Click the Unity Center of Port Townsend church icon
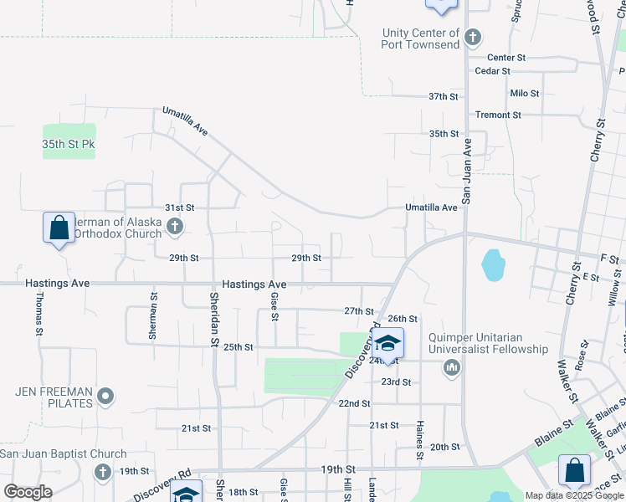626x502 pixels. coord(473,38)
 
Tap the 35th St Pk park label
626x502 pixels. coord(69,144)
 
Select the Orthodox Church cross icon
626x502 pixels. coord(174,226)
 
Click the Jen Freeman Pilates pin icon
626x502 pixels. coord(105,396)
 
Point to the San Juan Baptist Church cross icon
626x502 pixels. coord(102,472)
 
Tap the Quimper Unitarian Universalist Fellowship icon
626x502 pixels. coord(452,366)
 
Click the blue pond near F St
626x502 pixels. coord(493,265)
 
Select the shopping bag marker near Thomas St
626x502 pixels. coord(59,228)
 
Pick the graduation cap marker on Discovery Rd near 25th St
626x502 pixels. coord(387,344)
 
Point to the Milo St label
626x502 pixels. coord(524,94)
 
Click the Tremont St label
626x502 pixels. coord(498,115)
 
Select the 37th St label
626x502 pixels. coord(444,96)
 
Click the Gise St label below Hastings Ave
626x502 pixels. coord(274,306)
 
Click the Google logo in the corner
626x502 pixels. coord(27,492)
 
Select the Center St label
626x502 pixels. coord(506,58)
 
